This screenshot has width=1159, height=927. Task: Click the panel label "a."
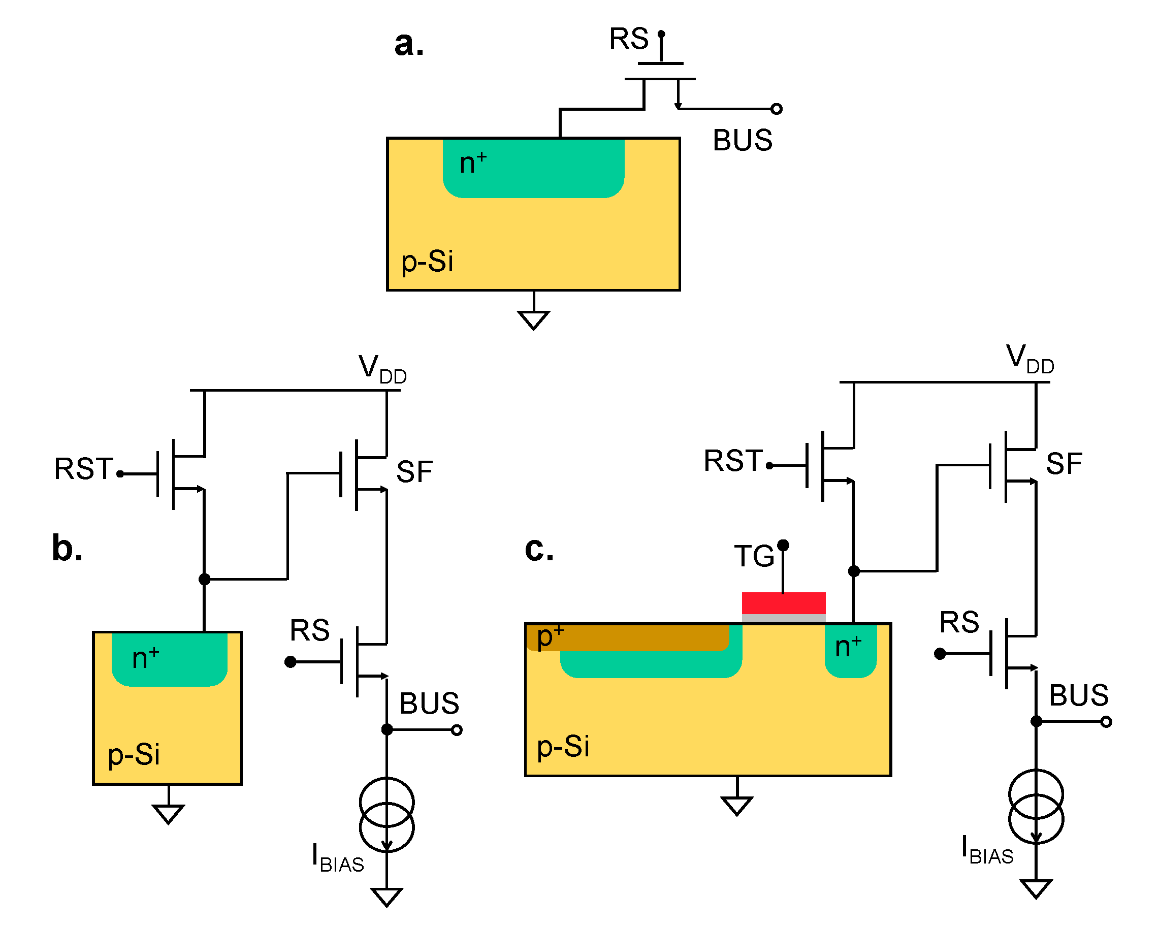(x=408, y=44)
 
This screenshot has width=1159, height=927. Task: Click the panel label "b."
(x=67, y=549)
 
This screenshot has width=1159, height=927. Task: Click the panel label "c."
(x=539, y=549)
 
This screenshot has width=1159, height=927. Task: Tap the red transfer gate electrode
(x=783, y=603)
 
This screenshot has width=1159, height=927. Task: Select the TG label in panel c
(x=754, y=556)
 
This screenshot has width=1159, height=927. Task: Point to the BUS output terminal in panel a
(x=776, y=109)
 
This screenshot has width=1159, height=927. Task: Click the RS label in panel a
(x=628, y=39)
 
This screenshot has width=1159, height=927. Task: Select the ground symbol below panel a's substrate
(x=533, y=320)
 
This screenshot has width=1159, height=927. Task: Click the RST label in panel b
(x=84, y=469)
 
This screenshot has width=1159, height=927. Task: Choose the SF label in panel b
(x=414, y=472)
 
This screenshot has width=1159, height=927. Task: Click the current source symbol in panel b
(x=387, y=815)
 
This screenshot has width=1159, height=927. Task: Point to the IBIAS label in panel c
(x=987, y=850)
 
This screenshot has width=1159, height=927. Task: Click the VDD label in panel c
(x=1029, y=359)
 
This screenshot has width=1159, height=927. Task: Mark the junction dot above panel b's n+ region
(x=204, y=579)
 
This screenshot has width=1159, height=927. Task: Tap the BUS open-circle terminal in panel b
(x=457, y=730)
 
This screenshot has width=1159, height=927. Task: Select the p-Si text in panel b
(x=134, y=754)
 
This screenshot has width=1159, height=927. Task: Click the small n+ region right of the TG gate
(x=850, y=650)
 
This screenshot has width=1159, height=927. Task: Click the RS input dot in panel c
(x=940, y=654)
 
